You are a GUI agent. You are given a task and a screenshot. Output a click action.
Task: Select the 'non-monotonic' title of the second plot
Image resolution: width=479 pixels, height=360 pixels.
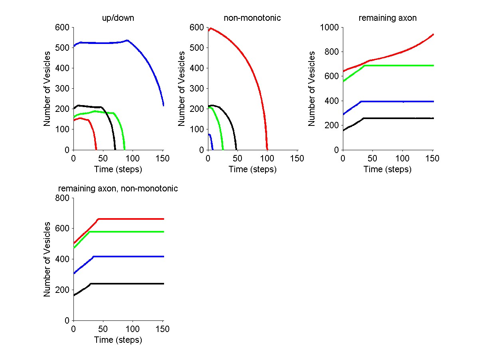(x=253, y=18)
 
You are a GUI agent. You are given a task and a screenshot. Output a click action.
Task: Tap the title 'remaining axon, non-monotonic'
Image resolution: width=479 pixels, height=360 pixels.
(x=118, y=189)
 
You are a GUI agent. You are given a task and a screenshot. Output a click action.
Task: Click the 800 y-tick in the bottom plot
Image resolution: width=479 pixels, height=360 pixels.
(x=63, y=198)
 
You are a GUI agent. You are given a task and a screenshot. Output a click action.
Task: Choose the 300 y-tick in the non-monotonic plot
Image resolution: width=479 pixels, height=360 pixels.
(x=198, y=89)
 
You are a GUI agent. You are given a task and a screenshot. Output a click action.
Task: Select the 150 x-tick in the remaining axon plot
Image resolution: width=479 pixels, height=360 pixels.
(x=432, y=158)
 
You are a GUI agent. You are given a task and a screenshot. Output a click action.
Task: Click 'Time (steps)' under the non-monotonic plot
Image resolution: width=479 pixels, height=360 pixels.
(x=253, y=169)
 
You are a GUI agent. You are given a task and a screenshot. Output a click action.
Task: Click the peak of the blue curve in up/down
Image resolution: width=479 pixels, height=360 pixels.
(x=127, y=40)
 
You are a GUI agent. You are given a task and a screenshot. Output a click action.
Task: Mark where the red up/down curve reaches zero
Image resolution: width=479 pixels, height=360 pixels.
(x=96, y=149)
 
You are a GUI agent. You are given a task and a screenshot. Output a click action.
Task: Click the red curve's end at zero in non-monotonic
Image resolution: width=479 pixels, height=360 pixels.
(x=267, y=149)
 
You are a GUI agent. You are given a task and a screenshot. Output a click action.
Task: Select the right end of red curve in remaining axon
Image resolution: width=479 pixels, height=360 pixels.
(x=433, y=34)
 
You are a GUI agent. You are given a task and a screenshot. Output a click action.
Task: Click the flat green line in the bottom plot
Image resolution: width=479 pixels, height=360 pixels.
(x=128, y=232)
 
